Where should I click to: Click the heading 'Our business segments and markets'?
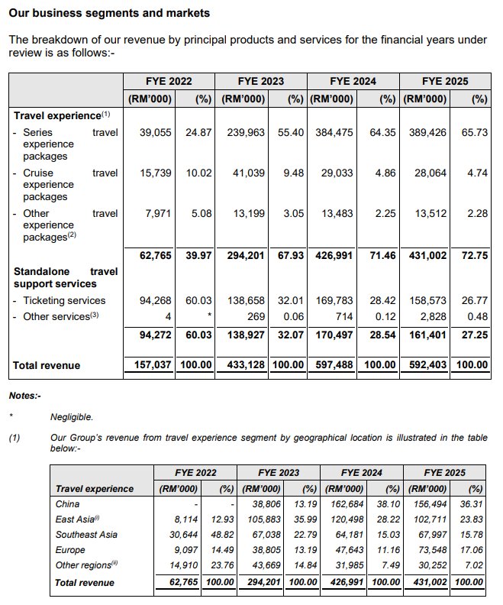coord(109,14)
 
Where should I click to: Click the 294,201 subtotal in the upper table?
coord(246,255)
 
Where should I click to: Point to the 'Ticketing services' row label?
coord(64,300)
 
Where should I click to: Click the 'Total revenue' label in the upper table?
coord(47,366)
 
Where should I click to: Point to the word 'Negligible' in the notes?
coord(71,417)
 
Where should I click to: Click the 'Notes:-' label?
coord(24,396)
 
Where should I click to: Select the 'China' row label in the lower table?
coord(68,503)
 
